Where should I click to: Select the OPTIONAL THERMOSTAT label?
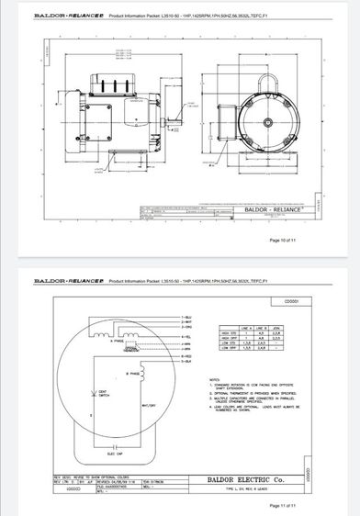coord(130,350)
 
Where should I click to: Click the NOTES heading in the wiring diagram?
coord(213,377)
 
